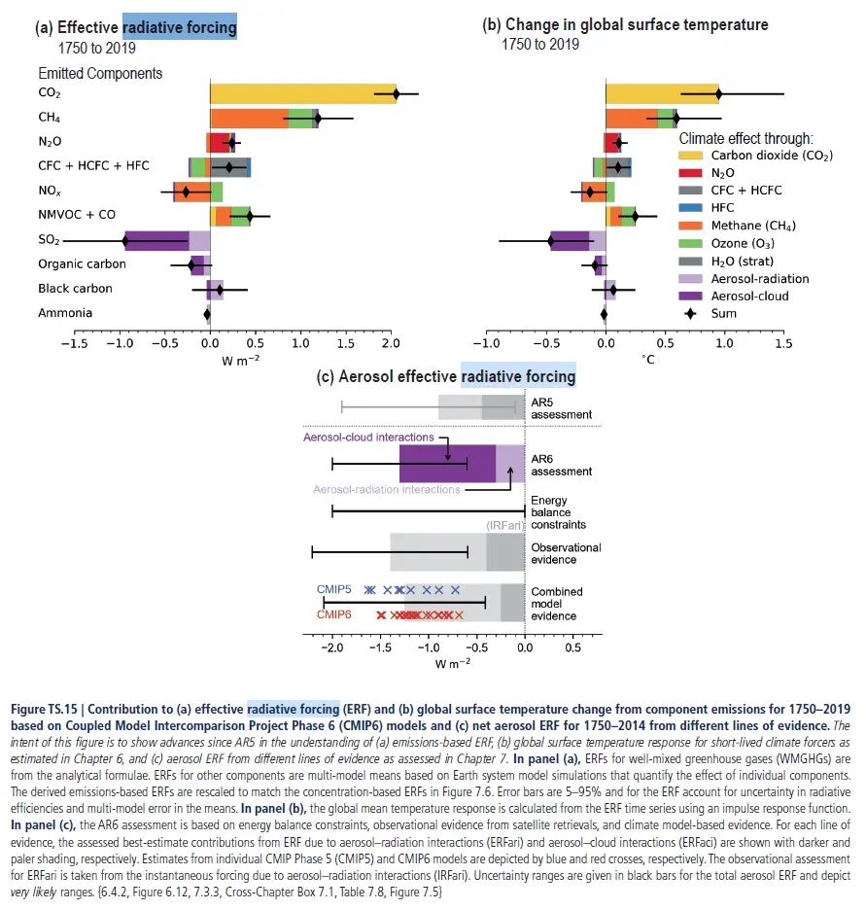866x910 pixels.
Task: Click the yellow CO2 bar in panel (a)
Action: (x=301, y=94)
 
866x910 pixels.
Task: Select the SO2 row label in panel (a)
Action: (x=52, y=239)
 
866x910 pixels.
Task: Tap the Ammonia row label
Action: (x=65, y=313)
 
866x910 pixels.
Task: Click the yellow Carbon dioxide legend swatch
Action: (x=691, y=156)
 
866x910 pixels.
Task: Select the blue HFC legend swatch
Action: (x=691, y=208)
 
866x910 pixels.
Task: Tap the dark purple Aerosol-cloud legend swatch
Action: (x=691, y=296)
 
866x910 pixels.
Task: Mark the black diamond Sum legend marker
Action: (x=691, y=313)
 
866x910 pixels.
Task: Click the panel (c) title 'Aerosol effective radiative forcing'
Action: (x=447, y=376)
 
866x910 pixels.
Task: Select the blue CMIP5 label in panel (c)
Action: (x=334, y=589)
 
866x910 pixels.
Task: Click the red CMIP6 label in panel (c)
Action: (x=334, y=614)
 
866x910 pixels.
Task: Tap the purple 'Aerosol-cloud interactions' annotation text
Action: (x=368, y=437)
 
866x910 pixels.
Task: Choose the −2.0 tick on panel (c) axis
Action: (x=331, y=647)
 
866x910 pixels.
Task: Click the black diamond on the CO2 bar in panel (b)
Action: (x=719, y=94)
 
